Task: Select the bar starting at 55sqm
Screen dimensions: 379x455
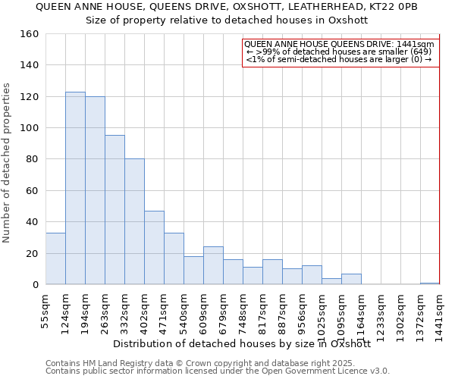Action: [55, 258]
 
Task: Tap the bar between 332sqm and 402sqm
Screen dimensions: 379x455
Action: [134, 221]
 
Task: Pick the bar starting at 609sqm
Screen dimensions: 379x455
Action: [213, 265]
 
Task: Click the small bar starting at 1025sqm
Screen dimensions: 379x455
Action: [331, 281]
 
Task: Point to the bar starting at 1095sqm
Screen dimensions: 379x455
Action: [351, 279]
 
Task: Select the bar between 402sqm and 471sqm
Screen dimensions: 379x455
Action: [154, 247]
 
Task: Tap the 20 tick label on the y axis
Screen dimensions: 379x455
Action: [32, 253]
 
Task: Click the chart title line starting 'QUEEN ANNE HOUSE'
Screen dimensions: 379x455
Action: [227, 6]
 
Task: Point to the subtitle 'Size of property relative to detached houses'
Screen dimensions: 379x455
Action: [227, 20]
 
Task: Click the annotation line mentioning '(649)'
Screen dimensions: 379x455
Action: [339, 52]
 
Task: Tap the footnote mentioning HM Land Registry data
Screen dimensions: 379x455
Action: [216, 363]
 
